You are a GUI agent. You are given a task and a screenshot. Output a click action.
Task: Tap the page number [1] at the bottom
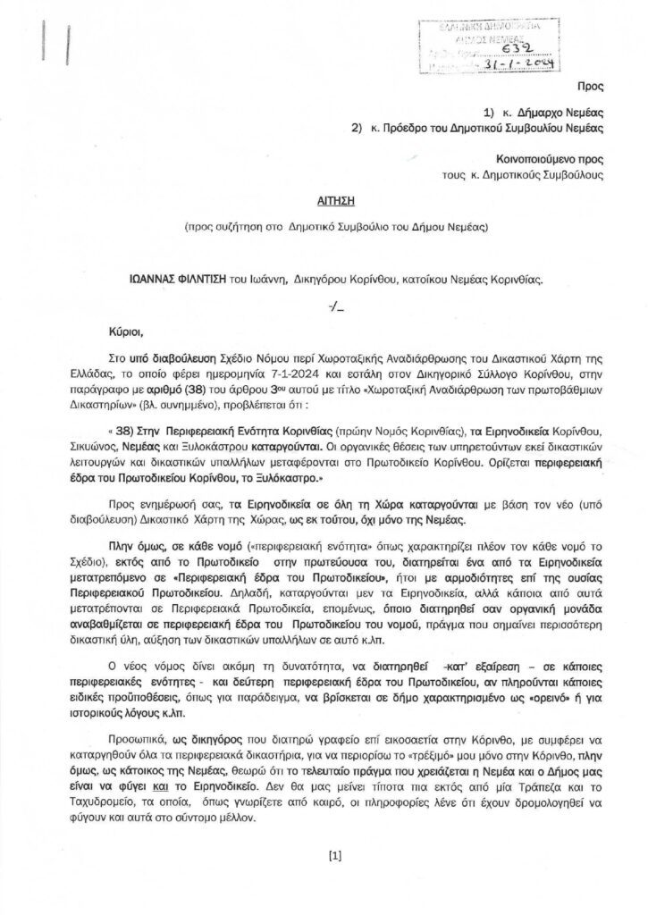click(335, 855)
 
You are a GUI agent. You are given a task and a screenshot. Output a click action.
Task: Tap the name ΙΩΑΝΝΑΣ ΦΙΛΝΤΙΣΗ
click(182, 278)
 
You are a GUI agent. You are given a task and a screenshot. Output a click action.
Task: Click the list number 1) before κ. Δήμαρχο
click(491, 113)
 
